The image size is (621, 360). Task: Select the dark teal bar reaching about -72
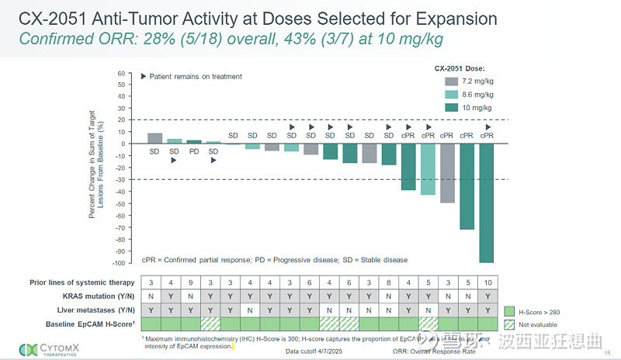pyautogui.click(x=467, y=186)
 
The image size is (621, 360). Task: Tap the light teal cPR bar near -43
pyautogui.click(x=428, y=169)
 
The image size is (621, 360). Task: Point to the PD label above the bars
pyautogui.click(x=194, y=151)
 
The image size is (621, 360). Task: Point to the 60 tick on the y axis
pyautogui.click(x=121, y=74)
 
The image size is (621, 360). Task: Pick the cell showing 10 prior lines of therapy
pyautogui.click(x=487, y=282)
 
